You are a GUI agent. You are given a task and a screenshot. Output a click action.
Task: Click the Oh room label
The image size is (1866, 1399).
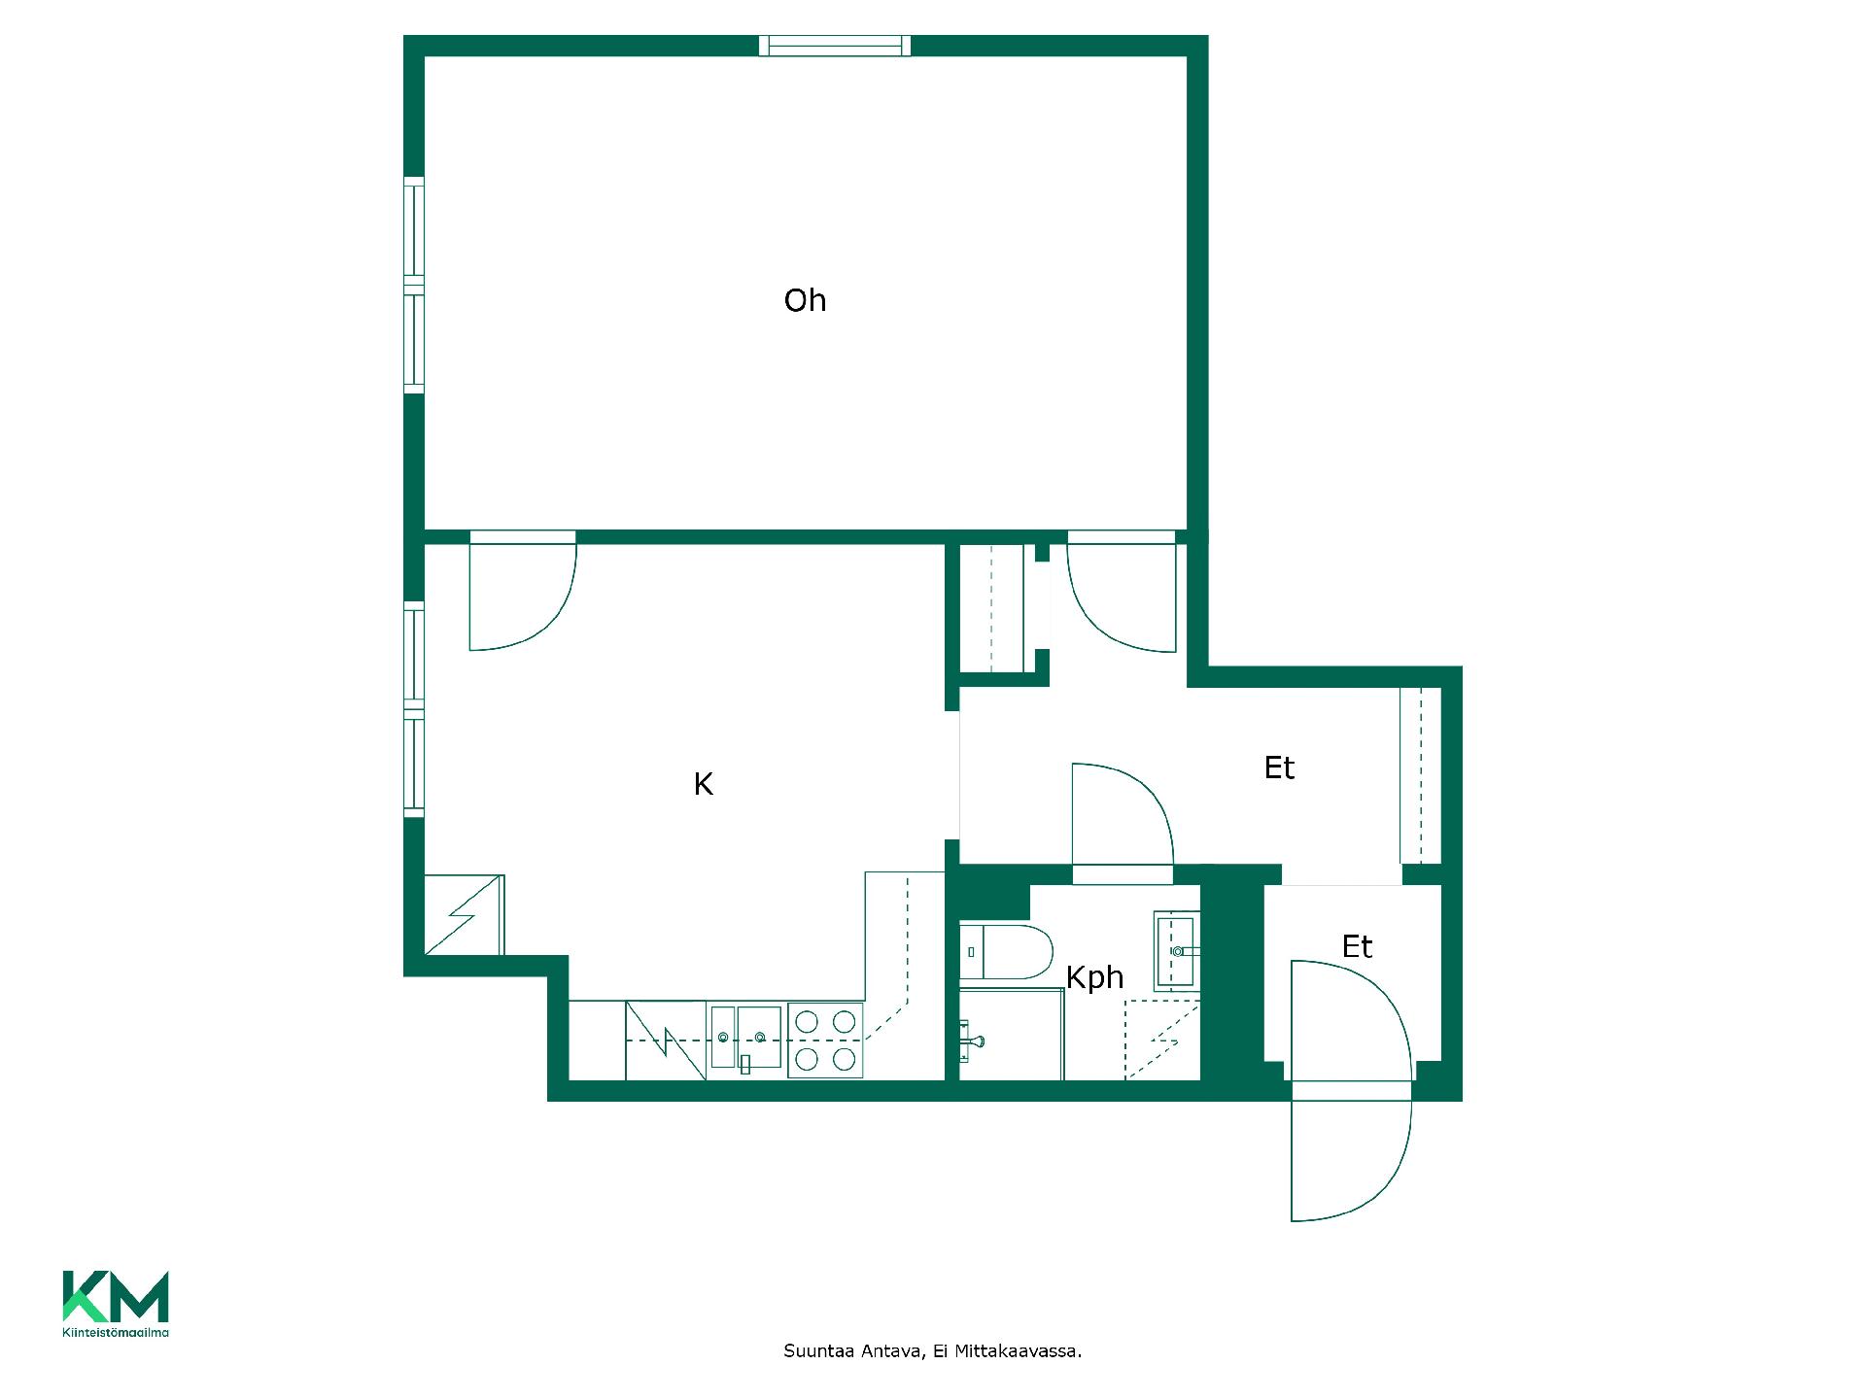[x=805, y=300]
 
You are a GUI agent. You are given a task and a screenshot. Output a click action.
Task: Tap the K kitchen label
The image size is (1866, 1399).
[x=704, y=784]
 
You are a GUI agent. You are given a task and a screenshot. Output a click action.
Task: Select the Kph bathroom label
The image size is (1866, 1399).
[x=1094, y=977]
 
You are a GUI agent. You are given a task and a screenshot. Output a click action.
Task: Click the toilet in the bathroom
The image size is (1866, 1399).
[x=1006, y=952]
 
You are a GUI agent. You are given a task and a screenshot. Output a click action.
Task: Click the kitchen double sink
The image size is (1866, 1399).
[x=745, y=1038]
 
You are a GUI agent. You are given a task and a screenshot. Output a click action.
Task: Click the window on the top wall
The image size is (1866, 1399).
[x=835, y=45]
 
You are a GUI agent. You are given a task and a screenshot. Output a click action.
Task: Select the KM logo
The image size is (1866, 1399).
[x=116, y=1296]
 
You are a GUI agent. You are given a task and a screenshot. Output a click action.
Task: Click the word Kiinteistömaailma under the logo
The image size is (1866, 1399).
[x=116, y=1333]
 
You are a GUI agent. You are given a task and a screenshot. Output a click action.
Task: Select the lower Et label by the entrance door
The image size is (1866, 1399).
[x=1357, y=946]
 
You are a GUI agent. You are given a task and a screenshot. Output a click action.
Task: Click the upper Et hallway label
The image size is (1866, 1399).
[x=1279, y=768]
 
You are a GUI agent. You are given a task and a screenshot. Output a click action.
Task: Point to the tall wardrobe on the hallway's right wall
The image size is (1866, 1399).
[x=1420, y=775]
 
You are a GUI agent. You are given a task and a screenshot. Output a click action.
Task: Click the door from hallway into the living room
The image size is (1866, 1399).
[x=1123, y=592]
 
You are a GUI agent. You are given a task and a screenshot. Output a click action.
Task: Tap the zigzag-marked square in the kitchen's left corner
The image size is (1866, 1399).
[x=465, y=914]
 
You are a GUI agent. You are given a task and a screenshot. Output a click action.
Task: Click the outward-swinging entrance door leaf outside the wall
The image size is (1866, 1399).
[x=1351, y=1161]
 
